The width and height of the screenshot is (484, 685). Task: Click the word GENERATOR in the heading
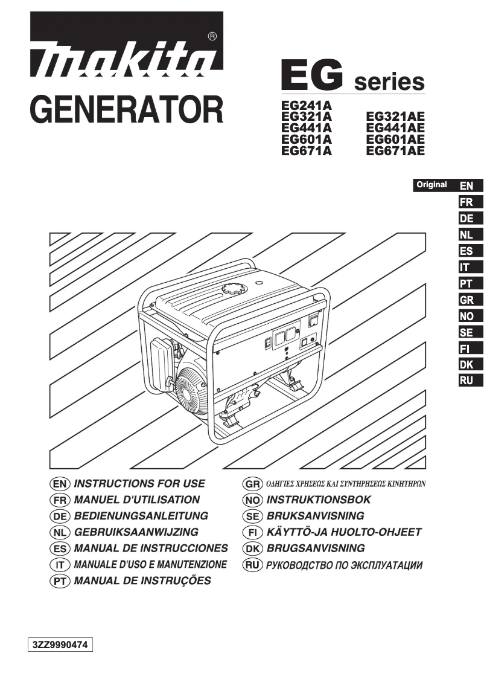click(126, 109)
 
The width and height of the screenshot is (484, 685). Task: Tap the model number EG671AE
click(395, 151)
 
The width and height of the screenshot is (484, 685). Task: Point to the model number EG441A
click(307, 127)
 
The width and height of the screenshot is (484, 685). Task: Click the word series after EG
click(389, 82)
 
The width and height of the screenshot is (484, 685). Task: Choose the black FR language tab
click(466, 202)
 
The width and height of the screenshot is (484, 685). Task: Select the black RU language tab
click(466, 381)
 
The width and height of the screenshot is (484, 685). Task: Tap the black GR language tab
click(466, 300)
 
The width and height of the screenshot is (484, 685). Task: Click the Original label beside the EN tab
click(431, 185)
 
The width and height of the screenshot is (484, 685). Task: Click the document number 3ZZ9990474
click(60, 645)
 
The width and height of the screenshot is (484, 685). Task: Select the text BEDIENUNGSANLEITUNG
click(141, 516)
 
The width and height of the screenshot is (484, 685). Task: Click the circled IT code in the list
click(59, 565)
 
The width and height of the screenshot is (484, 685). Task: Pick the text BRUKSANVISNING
click(315, 516)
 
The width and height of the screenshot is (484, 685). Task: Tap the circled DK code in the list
click(251, 548)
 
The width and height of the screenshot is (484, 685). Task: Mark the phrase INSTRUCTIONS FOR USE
click(139, 483)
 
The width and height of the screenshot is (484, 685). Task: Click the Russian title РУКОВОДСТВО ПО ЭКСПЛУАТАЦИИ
click(344, 565)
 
